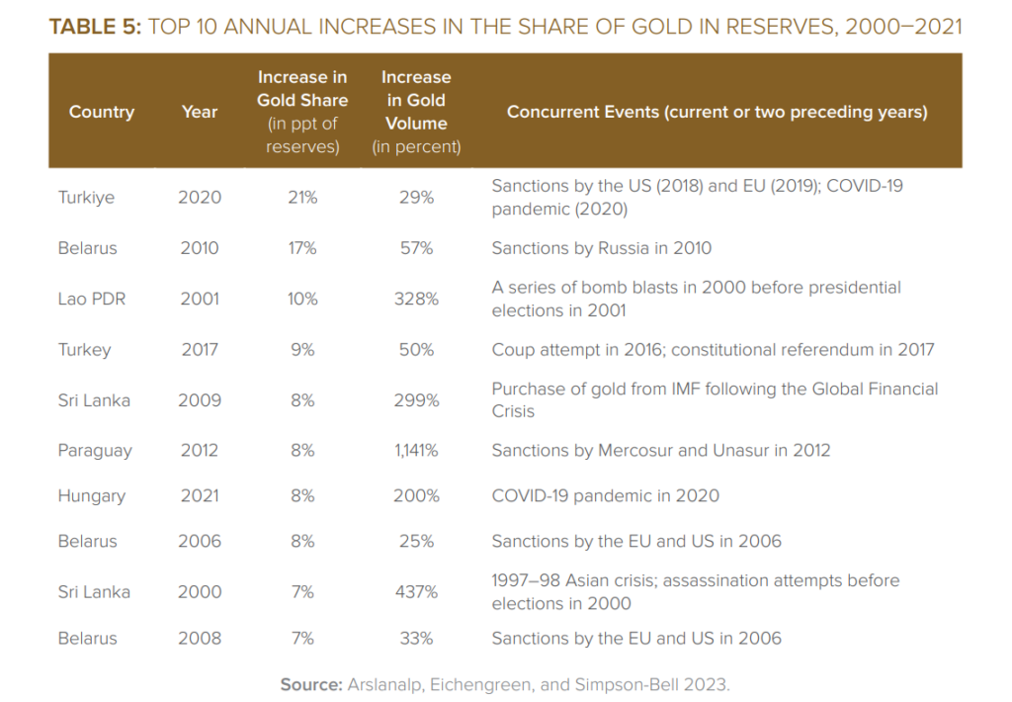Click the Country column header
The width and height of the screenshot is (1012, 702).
click(101, 112)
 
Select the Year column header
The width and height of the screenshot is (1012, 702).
click(199, 112)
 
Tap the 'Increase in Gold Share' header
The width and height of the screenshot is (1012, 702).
click(302, 88)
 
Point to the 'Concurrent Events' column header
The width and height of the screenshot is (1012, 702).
click(717, 112)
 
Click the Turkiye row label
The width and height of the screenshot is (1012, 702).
click(86, 198)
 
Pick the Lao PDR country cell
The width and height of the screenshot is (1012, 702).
click(92, 299)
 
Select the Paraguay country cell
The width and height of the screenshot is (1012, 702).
click(95, 451)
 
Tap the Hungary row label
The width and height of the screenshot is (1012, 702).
click(92, 496)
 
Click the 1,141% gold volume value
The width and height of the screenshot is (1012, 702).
click(416, 451)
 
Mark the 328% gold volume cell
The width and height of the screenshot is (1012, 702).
click(416, 299)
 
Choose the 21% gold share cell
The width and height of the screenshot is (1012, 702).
click(302, 198)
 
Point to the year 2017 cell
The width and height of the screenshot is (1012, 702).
click(200, 350)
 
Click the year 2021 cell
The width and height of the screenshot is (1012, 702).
click(200, 496)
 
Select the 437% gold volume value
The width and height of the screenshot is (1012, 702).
click(416, 592)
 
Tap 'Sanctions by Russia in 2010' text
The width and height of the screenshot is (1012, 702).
click(601, 248)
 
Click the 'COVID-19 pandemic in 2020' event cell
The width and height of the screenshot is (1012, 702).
click(605, 496)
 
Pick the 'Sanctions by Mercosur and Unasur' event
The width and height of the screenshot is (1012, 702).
click(660, 451)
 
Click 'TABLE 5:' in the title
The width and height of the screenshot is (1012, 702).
click(95, 28)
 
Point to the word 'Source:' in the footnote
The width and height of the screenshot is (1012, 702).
click(310, 684)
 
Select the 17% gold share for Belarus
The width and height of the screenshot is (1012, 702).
click(302, 248)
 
